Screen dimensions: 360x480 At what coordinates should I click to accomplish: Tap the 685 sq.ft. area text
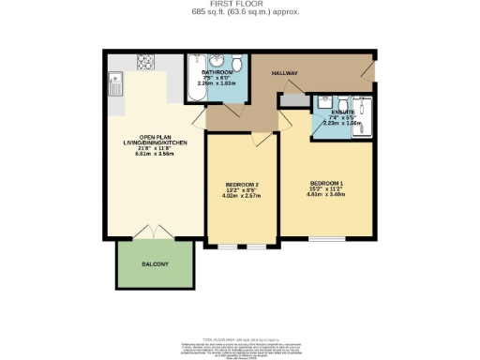pos(239,13)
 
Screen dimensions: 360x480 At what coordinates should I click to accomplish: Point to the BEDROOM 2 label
pos(242,184)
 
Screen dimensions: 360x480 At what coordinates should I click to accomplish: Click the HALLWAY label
pos(285,72)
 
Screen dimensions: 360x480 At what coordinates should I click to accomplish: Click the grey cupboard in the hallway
pos(292,100)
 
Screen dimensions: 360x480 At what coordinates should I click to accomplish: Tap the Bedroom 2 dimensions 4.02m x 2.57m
pos(242,196)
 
